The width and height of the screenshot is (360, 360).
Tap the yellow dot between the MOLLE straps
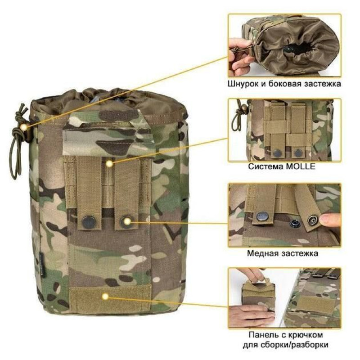point(109,164)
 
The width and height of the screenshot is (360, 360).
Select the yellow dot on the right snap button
point(127,221)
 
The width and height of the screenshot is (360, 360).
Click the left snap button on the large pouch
point(87,221)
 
